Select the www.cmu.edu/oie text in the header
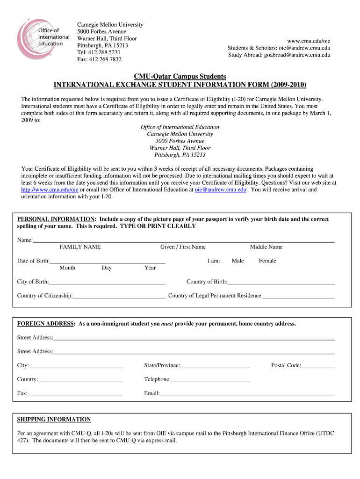coord(310,41)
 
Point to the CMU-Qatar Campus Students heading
coord(180,76)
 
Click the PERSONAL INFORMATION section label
coord(56,219)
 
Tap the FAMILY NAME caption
coord(80,247)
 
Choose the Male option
coord(238,261)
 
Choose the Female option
coord(267,261)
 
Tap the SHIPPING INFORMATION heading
coord(54,420)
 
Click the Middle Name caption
coord(266,247)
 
